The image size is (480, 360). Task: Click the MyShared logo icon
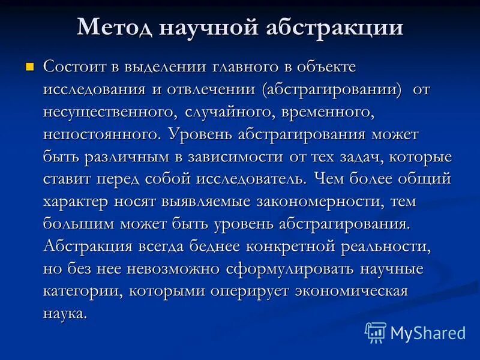(376, 332)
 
